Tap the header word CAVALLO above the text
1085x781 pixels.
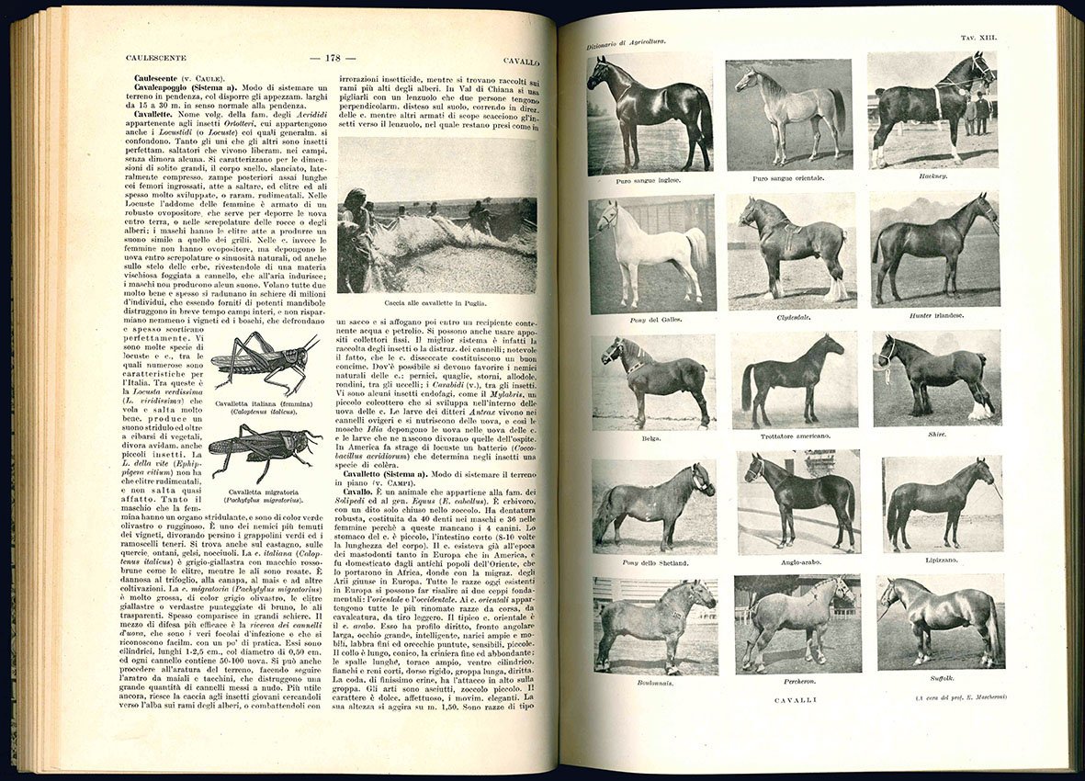pos(521,62)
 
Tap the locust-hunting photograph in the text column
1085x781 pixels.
pos(437,215)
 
